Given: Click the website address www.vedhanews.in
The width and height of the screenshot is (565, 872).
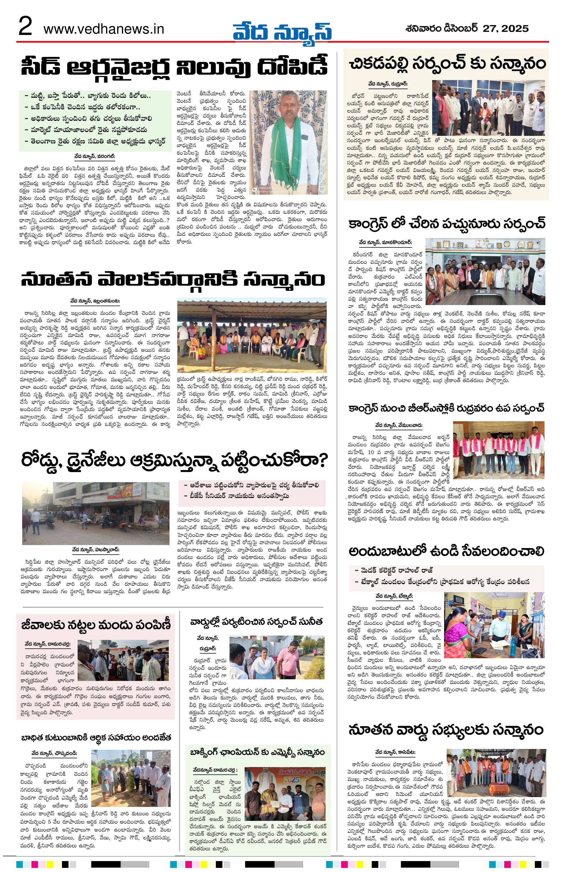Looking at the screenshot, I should (104, 29).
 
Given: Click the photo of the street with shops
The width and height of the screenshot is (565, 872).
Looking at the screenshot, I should (96, 513).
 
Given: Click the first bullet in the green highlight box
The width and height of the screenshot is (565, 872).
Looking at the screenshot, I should (88, 96).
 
